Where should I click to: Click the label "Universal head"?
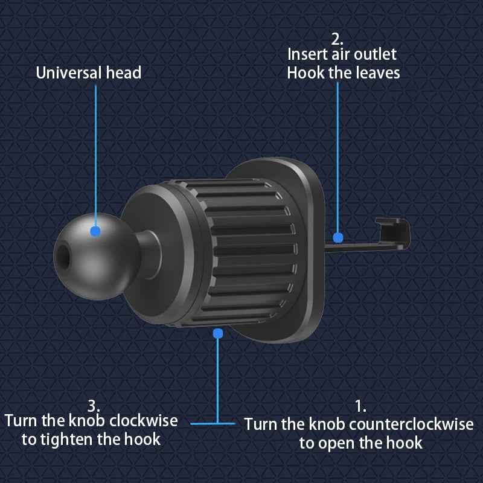tap(89, 73)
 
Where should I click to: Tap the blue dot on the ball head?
tap(95, 231)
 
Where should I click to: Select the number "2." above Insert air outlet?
tap(337, 39)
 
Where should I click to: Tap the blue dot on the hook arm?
tap(338, 238)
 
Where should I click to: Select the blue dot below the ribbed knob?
tap(218, 333)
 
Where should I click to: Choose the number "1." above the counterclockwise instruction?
tap(360, 406)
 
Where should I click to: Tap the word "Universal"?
tap(68, 73)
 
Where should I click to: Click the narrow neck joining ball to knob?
tap(145, 245)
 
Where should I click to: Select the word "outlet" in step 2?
tap(375, 54)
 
